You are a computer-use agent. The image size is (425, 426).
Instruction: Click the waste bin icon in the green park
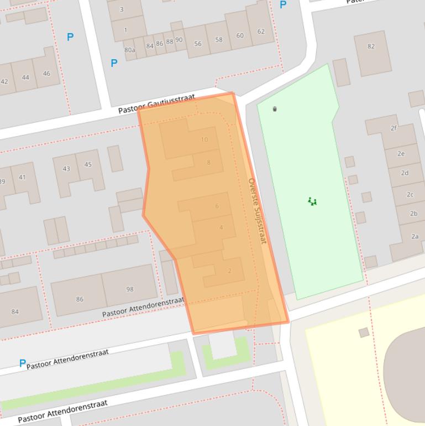coord(275,109)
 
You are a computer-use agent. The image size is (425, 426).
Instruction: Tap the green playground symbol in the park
coord(312,202)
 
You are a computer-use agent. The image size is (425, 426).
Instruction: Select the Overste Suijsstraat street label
coord(257,211)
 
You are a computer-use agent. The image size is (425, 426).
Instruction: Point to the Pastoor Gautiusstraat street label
coord(156,104)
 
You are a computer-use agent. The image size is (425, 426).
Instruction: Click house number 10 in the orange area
coord(204,139)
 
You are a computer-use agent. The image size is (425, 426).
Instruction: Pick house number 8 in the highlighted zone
coord(208,163)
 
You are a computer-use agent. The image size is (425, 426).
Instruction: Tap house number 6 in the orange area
coord(217,206)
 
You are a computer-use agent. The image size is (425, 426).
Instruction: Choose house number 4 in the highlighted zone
coord(221,227)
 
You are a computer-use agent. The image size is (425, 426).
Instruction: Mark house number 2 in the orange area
coord(229,271)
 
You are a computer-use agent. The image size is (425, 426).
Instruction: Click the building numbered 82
coord(371,46)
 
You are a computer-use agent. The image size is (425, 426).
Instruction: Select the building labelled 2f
coord(393,128)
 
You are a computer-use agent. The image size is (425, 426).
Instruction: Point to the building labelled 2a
coord(414,236)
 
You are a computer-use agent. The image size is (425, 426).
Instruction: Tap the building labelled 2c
coord(410,194)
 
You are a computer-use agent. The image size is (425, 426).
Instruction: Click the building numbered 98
coord(130,289)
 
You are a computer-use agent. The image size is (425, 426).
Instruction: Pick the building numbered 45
coord(88,164)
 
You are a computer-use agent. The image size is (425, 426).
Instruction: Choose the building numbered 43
coord(66,169)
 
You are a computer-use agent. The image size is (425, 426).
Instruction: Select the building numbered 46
coord(46,74)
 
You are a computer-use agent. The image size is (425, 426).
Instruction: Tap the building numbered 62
coord(261,32)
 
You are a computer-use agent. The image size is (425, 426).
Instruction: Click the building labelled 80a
coord(129,50)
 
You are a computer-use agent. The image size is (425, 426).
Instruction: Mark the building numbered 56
coord(197,43)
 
